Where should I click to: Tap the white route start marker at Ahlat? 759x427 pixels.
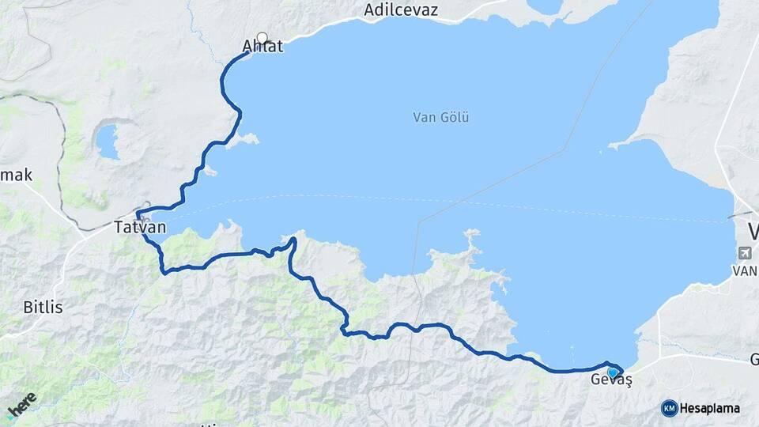coord(262,37)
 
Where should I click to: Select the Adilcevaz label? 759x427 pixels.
coord(401,10)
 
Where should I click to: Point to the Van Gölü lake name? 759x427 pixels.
coord(441,117)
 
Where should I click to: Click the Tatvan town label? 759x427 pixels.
coord(140,228)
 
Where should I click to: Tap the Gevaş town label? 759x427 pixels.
coord(611,380)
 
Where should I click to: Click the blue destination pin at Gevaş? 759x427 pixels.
coord(613,372)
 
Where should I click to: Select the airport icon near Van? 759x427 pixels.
coord(744,253)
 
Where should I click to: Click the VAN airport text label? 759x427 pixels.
coord(746,270)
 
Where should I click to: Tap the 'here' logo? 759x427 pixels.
coord(21,404)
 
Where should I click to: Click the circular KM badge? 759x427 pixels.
coord(669,408)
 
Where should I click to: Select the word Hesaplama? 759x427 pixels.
coord(709,409)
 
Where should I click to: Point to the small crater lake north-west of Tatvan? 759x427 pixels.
coord(108,141)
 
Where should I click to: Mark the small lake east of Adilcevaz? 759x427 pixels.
coord(545,6)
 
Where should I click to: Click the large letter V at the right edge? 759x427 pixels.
coord(753,231)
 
